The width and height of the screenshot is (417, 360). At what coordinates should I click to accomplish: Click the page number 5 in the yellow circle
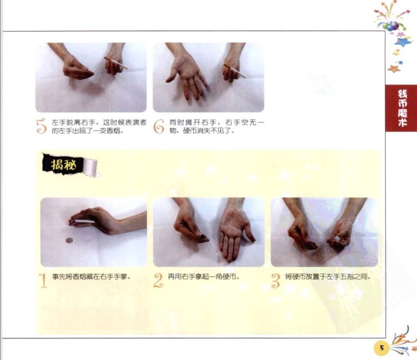pyautogui.click(x=382, y=348)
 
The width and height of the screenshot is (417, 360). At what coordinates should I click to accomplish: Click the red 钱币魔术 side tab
pyautogui.click(x=402, y=108)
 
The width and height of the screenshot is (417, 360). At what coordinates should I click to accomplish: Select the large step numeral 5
pyautogui.click(x=41, y=126)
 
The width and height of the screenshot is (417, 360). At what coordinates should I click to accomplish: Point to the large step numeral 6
pyautogui.click(x=159, y=126)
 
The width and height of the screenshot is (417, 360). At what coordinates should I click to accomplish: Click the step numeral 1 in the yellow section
pyautogui.click(x=43, y=280)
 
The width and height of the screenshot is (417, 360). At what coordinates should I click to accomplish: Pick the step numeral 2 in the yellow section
pyautogui.click(x=158, y=280)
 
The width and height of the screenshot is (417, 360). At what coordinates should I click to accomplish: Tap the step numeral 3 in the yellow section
pyautogui.click(x=276, y=281)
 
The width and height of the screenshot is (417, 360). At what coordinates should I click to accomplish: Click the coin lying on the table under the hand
pyautogui.click(x=69, y=241)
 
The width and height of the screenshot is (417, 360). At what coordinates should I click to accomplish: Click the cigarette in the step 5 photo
pyautogui.click(x=116, y=63)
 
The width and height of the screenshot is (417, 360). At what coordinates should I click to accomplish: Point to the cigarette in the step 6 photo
pyautogui.click(x=234, y=71)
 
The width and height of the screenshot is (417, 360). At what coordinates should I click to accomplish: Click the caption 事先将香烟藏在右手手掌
pyautogui.click(x=92, y=277)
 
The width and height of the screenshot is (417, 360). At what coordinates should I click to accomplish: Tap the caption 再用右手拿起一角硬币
pyautogui.click(x=204, y=277)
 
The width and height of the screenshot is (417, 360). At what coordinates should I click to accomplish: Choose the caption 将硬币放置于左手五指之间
pyautogui.click(x=328, y=277)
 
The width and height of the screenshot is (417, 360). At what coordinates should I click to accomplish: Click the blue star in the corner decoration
pyautogui.click(x=402, y=42)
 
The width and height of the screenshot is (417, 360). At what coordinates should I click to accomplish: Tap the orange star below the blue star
pyautogui.click(x=394, y=69)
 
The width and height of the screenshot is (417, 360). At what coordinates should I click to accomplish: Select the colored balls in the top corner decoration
pyautogui.click(x=391, y=26)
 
